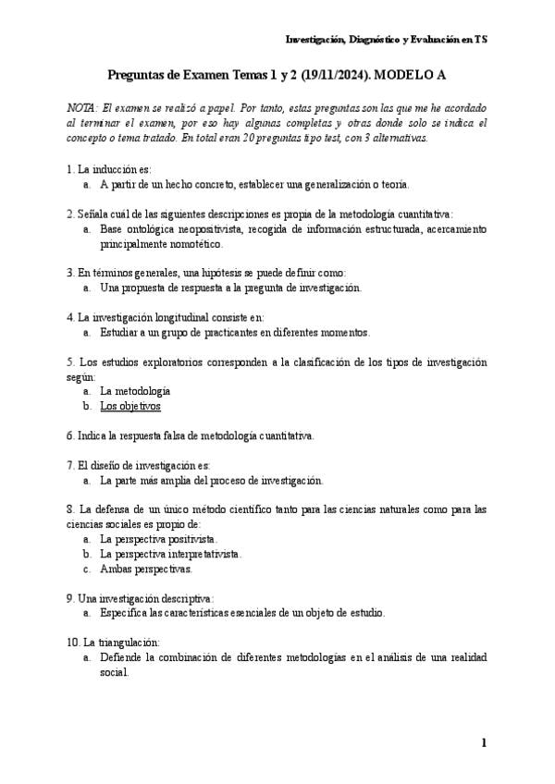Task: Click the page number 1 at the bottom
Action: [x=483, y=742]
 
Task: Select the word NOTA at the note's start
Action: [x=83, y=108]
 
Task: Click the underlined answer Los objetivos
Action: [x=130, y=406]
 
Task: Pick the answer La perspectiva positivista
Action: [x=159, y=538]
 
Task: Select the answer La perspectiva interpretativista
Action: [x=171, y=554]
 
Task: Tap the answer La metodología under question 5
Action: [x=135, y=391]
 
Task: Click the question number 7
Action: [x=71, y=465]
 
